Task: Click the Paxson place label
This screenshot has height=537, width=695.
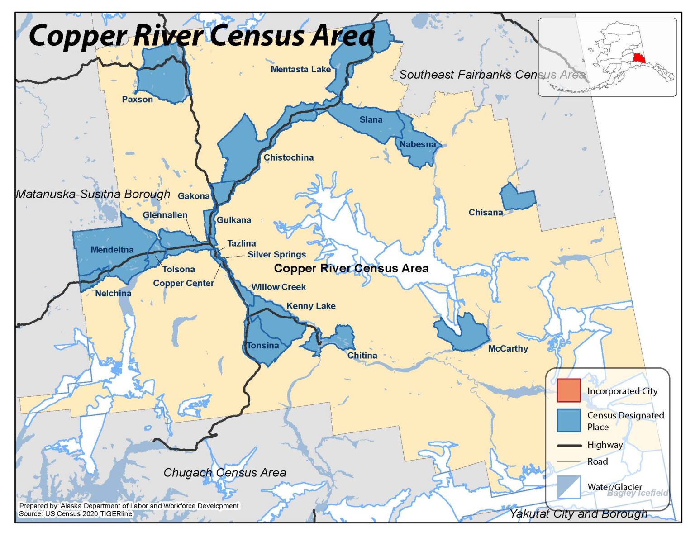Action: [137, 100]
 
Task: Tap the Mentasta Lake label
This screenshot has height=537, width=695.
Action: [300, 69]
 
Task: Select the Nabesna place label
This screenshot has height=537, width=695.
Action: [417, 144]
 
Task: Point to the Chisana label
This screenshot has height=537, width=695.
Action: [485, 213]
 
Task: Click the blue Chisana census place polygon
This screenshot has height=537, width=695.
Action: [518, 198]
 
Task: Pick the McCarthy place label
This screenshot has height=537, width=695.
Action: [508, 349]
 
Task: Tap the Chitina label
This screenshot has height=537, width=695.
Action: [362, 356]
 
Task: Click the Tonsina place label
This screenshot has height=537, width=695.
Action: [263, 346]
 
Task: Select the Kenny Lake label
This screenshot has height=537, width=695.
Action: [311, 306]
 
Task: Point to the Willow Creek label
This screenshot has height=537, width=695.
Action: [278, 287]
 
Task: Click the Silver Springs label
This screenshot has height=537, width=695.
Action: [276, 255]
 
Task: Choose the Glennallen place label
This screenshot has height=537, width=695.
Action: [165, 215]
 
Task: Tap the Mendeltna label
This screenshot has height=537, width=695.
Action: [112, 250]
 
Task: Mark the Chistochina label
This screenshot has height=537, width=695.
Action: [288, 158]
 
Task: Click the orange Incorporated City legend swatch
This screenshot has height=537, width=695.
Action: [568, 390]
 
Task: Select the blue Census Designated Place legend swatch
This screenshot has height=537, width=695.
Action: [568, 420]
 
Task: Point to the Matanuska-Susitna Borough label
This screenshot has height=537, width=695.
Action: [93, 195]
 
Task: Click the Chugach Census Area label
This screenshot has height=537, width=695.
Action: [224, 473]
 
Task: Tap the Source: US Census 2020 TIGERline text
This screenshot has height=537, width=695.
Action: [76, 514]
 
